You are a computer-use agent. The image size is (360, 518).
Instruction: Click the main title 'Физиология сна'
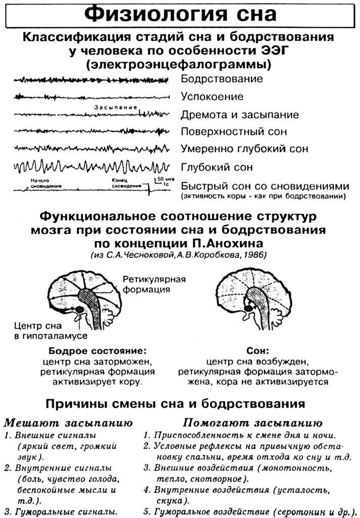pyautogui.click(x=180, y=14)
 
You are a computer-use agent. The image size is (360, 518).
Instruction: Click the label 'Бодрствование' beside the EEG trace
pyautogui.click(x=221, y=79)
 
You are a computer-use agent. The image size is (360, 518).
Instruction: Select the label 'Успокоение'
pyautogui.click(x=212, y=97)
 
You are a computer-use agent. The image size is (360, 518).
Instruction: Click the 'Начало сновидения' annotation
pyautogui.click(x=42, y=183)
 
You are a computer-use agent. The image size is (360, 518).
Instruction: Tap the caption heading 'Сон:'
pyautogui.click(x=258, y=351)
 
